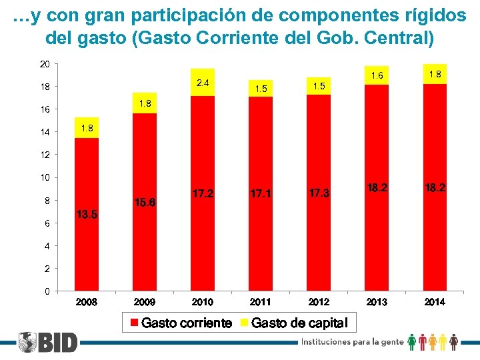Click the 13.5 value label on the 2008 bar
click(87, 215)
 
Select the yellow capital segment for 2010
click(203, 82)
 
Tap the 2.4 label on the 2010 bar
click(203, 83)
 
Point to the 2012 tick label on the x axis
click(319, 302)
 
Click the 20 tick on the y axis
click(45, 64)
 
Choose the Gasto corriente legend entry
click(180, 323)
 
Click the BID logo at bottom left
click(48, 343)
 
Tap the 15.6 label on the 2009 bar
click(145, 202)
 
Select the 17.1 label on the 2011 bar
click(261, 193)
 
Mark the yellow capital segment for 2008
click(87, 127)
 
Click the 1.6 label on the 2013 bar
click(377, 76)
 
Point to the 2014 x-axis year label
click(435, 302)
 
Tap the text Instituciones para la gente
click(353, 341)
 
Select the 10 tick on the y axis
click(45, 178)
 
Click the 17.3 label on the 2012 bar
click(319, 193)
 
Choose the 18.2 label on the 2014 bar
click(435, 188)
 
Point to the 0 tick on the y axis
click(47, 291)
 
